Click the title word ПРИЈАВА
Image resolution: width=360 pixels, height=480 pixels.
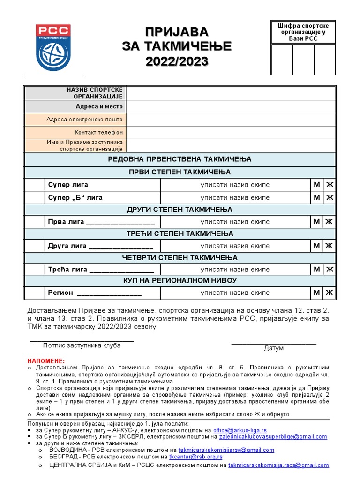pyautogui.click(x=177, y=32)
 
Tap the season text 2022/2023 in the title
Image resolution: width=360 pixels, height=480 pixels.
pyautogui.click(x=177, y=61)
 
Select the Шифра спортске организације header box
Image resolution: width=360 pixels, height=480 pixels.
pyautogui.click(x=303, y=32)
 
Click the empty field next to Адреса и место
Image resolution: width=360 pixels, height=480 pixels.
pyautogui.click(x=231, y=106)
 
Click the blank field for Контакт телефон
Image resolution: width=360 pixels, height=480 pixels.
pyautogui.click(x=231, y=132)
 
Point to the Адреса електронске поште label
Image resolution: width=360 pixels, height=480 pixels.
pyautogui.click(x=84, y=120)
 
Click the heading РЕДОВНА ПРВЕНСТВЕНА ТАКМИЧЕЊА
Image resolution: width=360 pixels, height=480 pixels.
pyautogui.click(x=180, y=159)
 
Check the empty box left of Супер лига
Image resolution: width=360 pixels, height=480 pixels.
pyautogui.click(x=34, y=185)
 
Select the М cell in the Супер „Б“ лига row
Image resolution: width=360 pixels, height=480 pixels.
pyautogui.click(x=317, y=197)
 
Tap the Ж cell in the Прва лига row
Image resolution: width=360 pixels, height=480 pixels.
pyautogui.click(x=329, y=221)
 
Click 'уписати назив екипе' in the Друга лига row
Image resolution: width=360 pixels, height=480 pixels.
pyautogui.click(x=235, y=246)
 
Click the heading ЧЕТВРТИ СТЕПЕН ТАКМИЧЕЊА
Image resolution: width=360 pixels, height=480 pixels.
pyautogui.click(x=180, y=258)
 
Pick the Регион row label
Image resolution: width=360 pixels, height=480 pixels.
pyautogui.click(x=60, y=293)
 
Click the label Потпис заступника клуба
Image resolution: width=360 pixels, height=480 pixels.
pyautogui.click(x=82, y=345)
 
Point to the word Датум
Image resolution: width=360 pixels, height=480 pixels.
pyautogui.click(x=274, y=348)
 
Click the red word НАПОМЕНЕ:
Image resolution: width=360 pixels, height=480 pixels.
pyautogui.click(x=45, y=360)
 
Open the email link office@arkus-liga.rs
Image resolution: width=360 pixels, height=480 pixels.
pyautogui.click(x=240, y=430)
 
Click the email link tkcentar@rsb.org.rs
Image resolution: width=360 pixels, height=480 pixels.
pyautogui.click(x=195, y=457)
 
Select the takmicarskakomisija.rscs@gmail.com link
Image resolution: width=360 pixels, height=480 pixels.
pyautogui.click(x=278, y=465)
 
